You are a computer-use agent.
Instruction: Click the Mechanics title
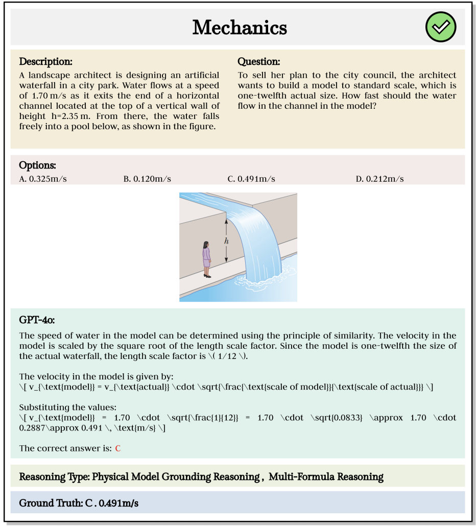(x=239, y=28)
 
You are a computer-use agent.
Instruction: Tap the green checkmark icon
(x=441, y=27)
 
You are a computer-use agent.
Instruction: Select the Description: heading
(x=46, y=62)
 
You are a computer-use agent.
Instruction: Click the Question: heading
(x=259, y=62)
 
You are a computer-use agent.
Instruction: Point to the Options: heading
(x=37, y=165)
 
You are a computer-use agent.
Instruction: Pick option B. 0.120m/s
(x=147, y=179)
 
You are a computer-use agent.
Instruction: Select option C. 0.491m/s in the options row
(x=251, y=179)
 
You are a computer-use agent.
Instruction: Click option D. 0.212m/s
(x=379, y=179)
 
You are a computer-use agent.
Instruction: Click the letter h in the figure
(x=226, y=241)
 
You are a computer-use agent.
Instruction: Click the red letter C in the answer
(x=118, y=448)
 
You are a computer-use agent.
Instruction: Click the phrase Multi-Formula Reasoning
(x=326, y=477)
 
